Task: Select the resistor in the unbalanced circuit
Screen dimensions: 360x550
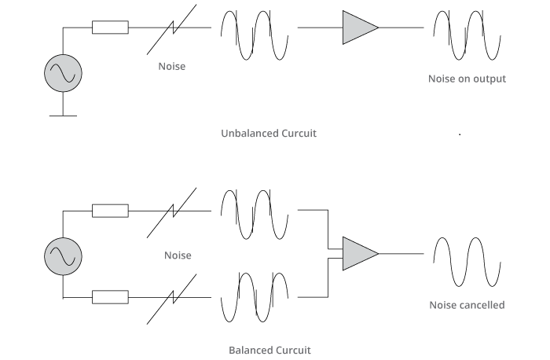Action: point(110,28)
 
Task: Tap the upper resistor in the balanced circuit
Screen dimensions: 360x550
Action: point(110,211)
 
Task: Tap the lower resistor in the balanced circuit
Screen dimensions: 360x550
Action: point(110,297)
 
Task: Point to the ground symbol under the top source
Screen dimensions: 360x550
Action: point(63,116)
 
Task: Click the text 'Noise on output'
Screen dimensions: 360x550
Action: point(467,79)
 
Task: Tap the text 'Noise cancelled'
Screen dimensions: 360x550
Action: point(467,305)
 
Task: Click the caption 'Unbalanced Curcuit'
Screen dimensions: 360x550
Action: point(269,134)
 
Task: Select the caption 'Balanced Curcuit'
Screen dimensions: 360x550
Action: point(269,350)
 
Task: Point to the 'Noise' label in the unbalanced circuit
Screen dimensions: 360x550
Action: point(172,67)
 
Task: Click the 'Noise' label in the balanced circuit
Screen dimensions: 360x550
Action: point(178,255)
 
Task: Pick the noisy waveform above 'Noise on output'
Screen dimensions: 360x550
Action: point(467,35)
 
